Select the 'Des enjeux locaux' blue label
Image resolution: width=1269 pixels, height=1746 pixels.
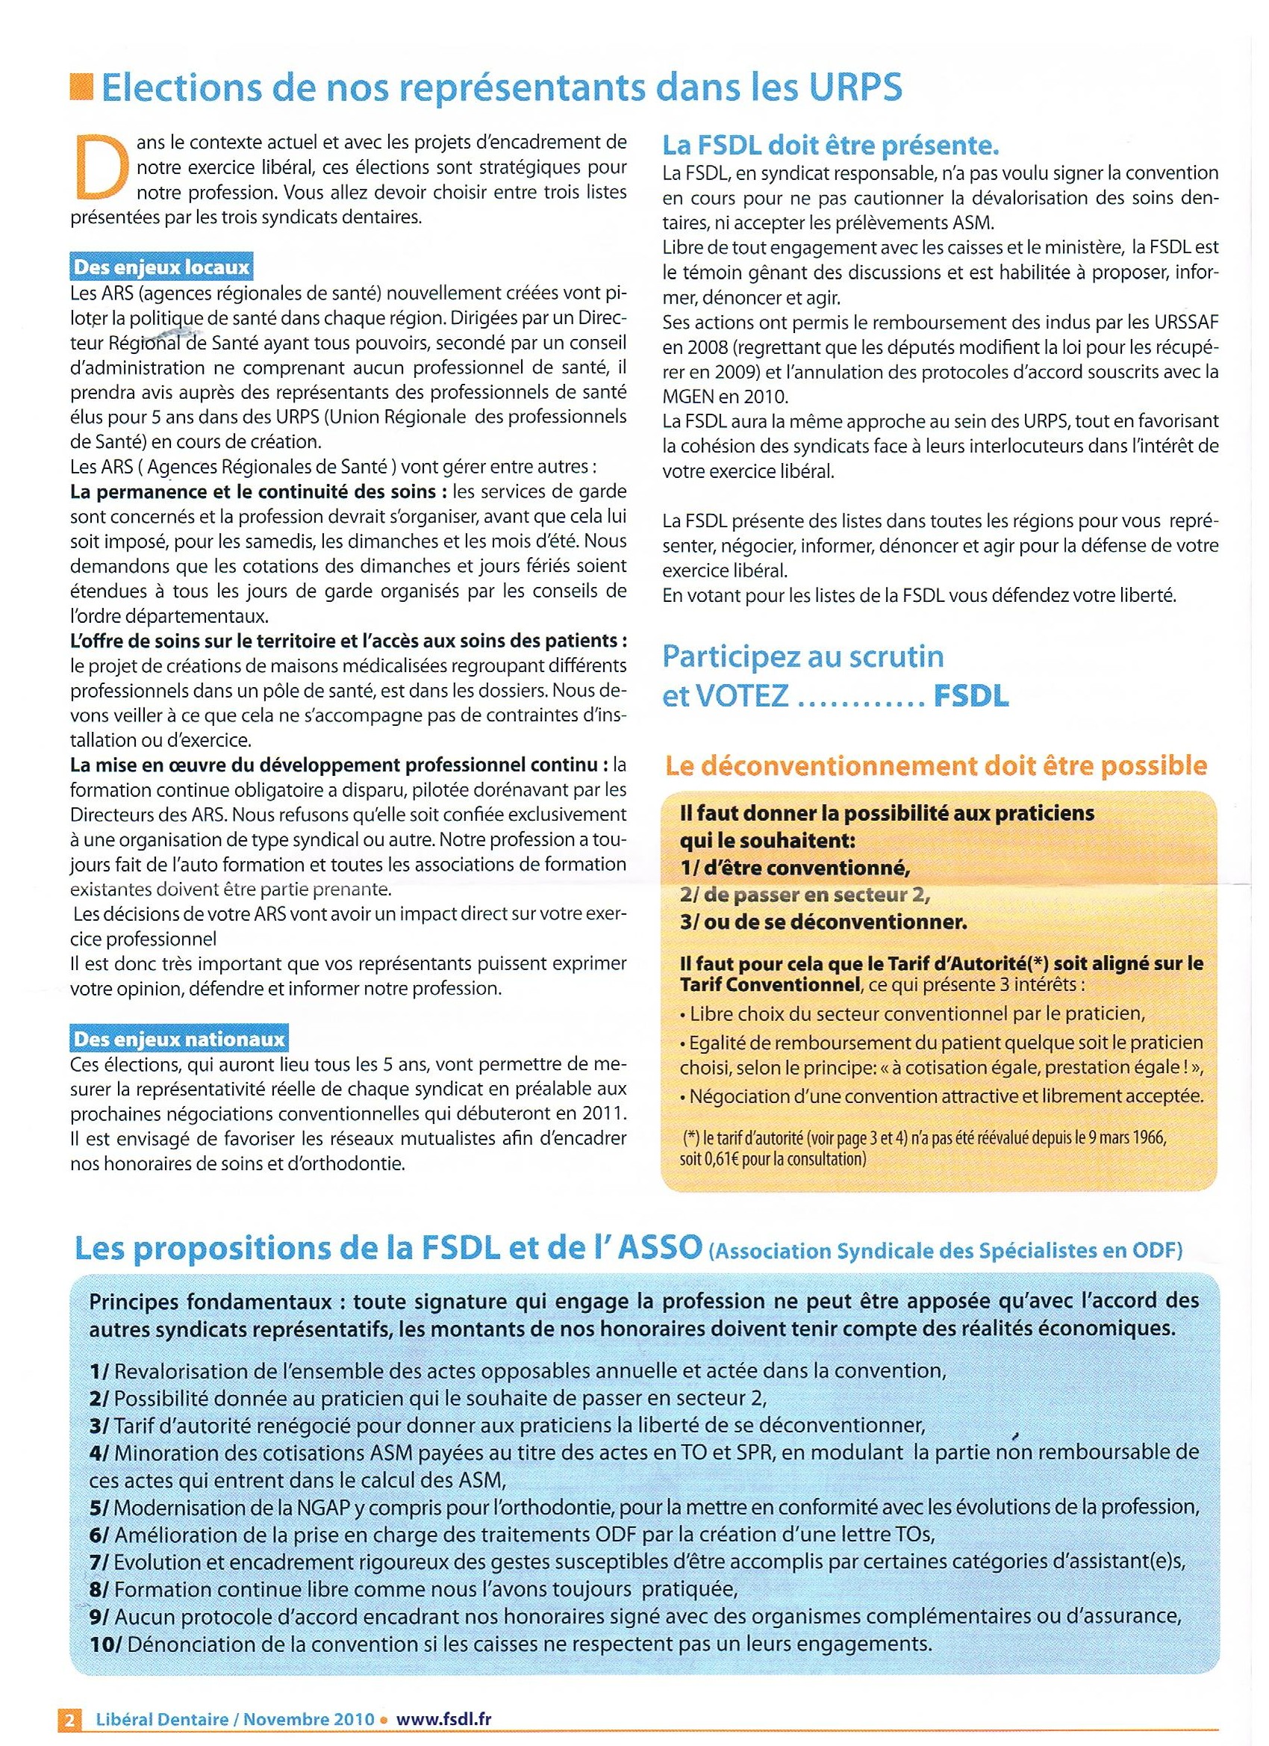tap(160, 267)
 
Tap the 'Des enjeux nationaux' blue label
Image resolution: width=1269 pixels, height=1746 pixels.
tap(178, 1040)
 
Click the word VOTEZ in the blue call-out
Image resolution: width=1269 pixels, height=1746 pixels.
tap(742, 697)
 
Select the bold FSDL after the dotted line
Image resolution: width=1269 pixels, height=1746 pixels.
tap(970, 697)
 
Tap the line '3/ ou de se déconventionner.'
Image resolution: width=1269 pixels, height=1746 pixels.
tap(823, 922)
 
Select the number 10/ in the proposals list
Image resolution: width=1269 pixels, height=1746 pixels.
tap(105, 1644)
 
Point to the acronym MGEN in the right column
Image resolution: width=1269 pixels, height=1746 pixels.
tap(687, 397)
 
